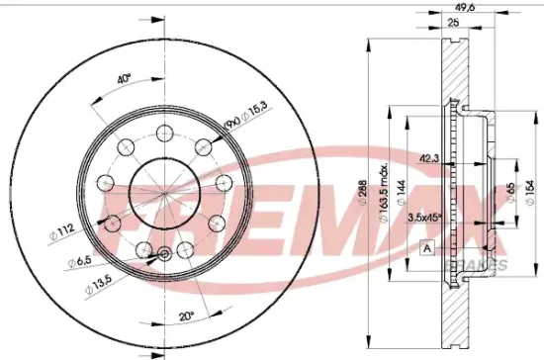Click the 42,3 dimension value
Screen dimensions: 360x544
pyautogui.click(x=427, y=157)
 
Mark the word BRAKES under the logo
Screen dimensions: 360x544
pyautogui.click(x=484, y=265)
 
